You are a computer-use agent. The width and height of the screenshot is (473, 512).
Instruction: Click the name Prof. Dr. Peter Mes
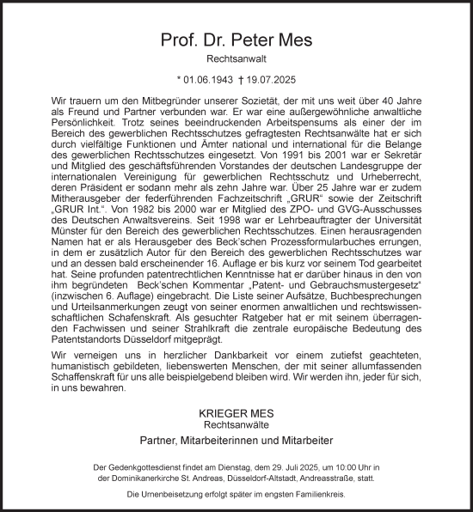click(236, 40)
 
